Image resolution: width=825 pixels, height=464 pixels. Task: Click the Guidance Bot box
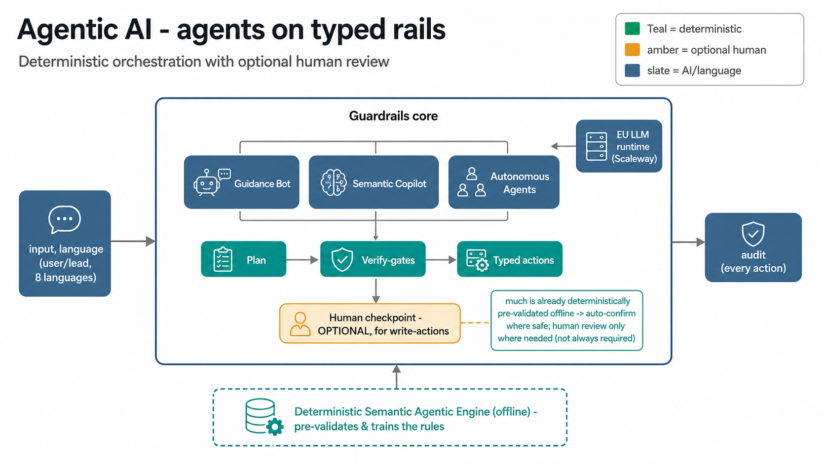click(242, 182)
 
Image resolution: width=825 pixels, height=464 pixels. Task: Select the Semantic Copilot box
click(374, 182)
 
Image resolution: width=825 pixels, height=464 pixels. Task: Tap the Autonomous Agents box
click(504, 182)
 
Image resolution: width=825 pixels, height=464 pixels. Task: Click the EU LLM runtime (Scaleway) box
click(619, 146)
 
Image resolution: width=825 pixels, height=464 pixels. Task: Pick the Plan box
click(243, 259)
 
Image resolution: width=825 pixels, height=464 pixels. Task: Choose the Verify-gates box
click(373, 259)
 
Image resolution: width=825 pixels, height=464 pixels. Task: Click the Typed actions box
click(510, 259)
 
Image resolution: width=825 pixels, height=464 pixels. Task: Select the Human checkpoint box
click(370, 323)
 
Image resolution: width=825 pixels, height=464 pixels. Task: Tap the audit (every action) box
click(753, 247)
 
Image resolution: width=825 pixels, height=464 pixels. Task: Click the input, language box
click(65, 243)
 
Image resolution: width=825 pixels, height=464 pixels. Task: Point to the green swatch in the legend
click(632, 29)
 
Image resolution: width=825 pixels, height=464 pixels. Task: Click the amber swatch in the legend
click(632, 50)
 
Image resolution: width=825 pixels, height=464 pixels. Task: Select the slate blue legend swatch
click(632, 71)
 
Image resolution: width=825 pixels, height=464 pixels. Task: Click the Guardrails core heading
click(393, 116)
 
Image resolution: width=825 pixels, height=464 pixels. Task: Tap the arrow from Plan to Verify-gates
click(302, 260)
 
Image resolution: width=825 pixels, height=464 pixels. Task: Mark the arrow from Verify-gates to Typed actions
click(441, 260)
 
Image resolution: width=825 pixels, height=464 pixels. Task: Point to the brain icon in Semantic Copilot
click(334, 182)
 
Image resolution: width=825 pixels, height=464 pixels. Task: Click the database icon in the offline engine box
click(264, 417)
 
